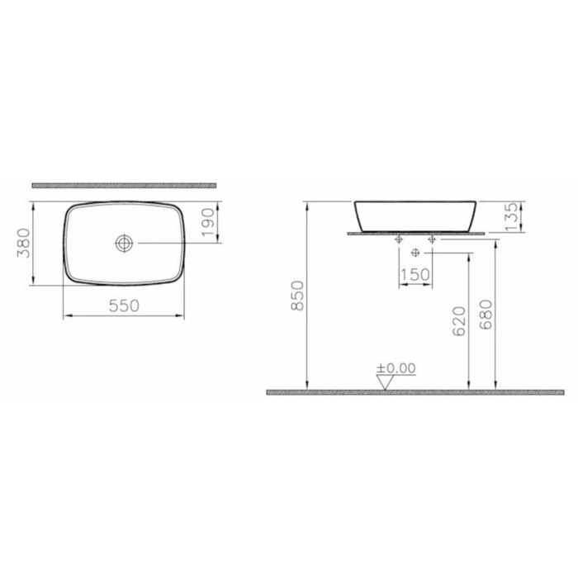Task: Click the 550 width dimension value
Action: (123, 305)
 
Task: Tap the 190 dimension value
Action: (207, 222)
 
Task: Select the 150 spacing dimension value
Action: (415, 273)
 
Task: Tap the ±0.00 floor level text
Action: (396, 368)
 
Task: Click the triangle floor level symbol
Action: (385, 381)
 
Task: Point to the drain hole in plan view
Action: (124, 243)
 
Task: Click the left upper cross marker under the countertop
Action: (400, 239)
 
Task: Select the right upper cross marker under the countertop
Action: (431, 239)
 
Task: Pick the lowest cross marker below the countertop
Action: (415, 251)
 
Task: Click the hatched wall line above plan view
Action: (123, 185)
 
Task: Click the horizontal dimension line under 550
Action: (123, 315)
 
